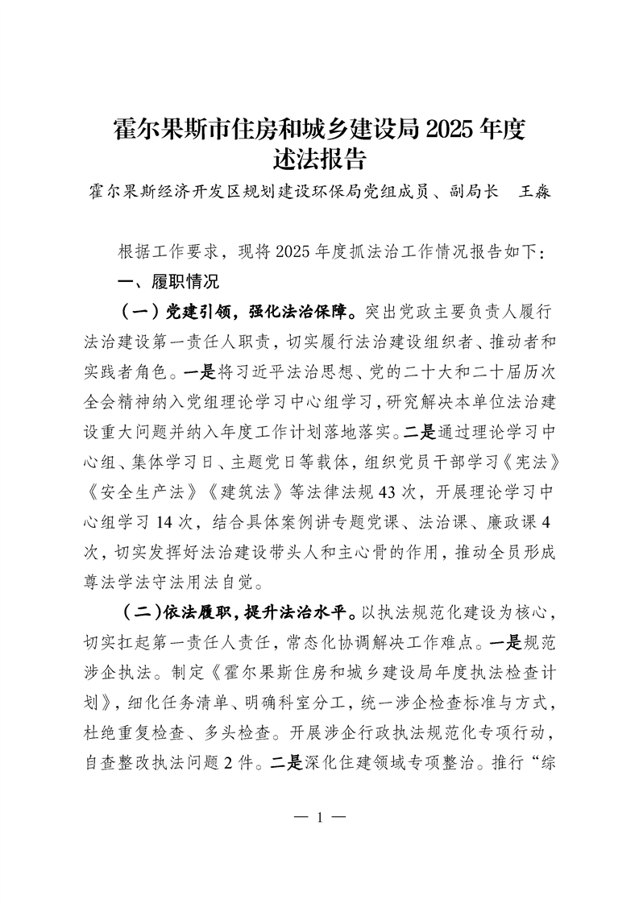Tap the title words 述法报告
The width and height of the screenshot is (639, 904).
[320, 158]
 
